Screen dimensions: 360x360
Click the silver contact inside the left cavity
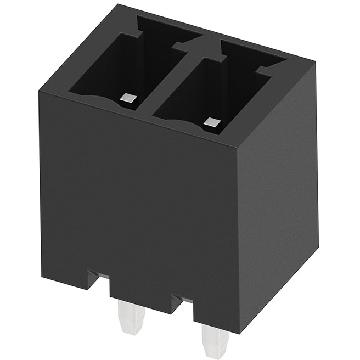(x=128, y=99)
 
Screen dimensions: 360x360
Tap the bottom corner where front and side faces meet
(x=239, y=331)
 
